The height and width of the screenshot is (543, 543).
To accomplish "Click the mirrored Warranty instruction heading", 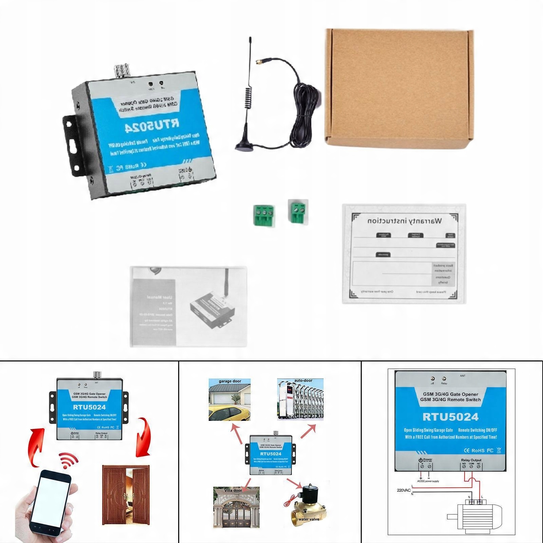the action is click(x=405, y=221).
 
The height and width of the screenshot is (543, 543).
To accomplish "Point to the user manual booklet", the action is click(x=188, y=306).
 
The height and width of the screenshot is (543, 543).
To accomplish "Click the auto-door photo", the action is click(x=300, y=400).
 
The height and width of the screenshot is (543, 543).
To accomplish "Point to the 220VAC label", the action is click(x=404, y=490).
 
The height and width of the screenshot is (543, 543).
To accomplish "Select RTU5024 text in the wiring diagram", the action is click(x=450, y=417).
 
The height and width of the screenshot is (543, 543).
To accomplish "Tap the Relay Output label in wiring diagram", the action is click(x=471, y=460).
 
